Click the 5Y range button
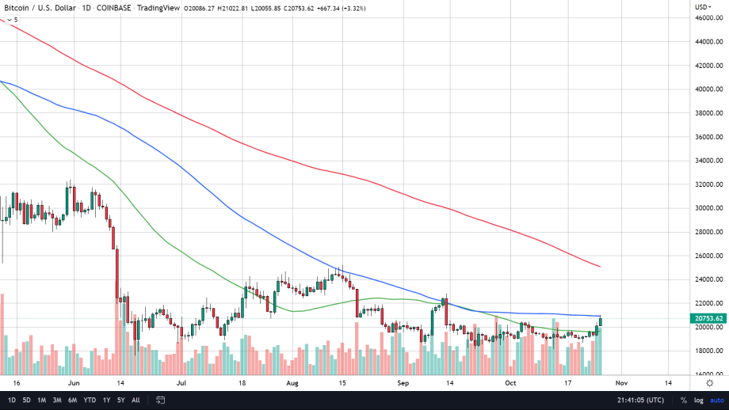(120, 401)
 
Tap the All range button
(135, 401)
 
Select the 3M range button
(57, 401)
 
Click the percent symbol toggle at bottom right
(683, 401)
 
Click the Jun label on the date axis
(74, 382)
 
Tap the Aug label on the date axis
(292, 382)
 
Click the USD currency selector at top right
(703, 6)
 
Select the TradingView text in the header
(158, 7)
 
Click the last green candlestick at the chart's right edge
(601, 321)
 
